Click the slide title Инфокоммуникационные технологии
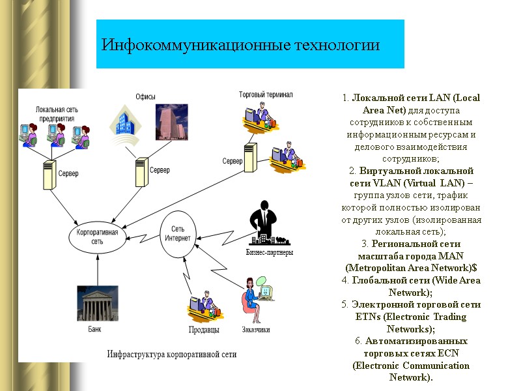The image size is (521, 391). point(240,46)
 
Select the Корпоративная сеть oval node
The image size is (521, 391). point(97,236)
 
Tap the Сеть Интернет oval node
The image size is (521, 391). point(180,233)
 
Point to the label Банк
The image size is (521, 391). point(95,328)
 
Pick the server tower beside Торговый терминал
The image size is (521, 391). point(251,159)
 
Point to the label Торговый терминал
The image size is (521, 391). point(266,94)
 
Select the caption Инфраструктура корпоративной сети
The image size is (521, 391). point(171,355)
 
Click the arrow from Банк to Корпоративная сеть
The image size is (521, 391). point(97,269)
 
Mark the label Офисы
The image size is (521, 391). point(145,96)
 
